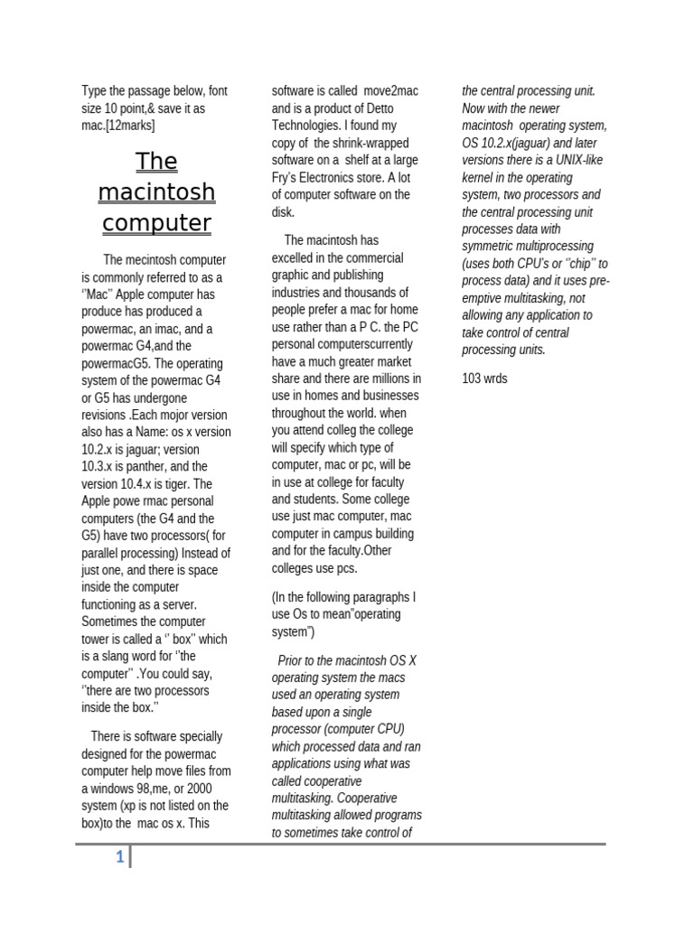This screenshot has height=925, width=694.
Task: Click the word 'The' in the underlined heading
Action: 156,162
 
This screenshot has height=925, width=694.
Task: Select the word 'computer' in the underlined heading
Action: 156,223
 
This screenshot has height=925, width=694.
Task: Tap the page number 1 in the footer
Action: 119,858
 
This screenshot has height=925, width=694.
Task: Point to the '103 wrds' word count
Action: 484,378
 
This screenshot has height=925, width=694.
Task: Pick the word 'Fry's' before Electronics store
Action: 287,178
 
